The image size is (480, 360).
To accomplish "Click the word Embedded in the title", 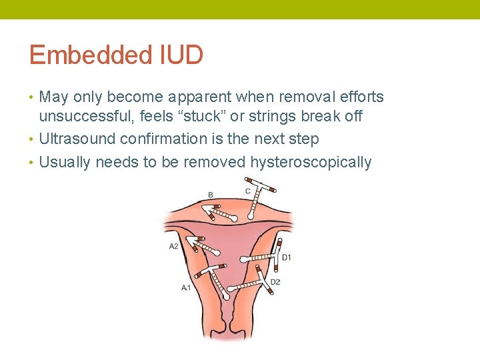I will [x=82, y=55].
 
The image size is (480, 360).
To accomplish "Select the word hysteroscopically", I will [x=311, y=162].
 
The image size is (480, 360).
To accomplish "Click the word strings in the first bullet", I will [x=279, y=116].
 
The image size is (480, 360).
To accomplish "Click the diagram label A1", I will [x=186, y=287].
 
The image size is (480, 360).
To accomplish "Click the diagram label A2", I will [x=173, y=246].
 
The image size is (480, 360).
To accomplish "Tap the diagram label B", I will [x=211, y=195].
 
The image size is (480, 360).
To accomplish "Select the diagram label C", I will [x=248, y=191].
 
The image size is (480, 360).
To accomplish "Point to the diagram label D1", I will [x=287, y=257].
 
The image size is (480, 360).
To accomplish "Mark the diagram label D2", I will [x=275, y=282].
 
